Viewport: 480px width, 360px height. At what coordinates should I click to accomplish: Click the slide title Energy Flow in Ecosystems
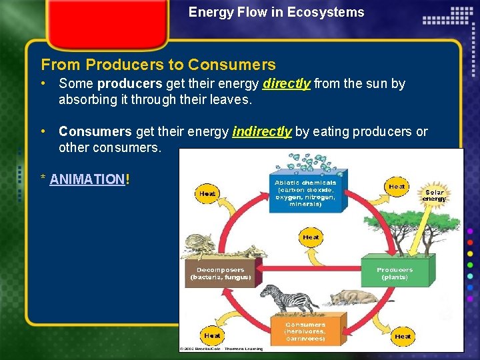276,12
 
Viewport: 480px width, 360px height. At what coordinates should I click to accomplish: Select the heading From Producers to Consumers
158,65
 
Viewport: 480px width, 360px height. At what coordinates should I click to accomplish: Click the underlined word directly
287,84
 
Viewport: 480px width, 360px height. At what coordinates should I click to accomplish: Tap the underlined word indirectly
262,132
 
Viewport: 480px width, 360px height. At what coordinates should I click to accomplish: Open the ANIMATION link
87,179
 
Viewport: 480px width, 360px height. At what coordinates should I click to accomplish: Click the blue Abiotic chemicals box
305,193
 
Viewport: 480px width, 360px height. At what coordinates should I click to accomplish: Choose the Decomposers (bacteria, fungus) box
221,273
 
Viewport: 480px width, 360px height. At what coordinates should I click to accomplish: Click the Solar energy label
434,195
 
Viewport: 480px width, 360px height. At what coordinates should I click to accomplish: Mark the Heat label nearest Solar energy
397,187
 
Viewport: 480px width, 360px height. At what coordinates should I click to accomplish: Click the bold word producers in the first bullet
129,84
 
